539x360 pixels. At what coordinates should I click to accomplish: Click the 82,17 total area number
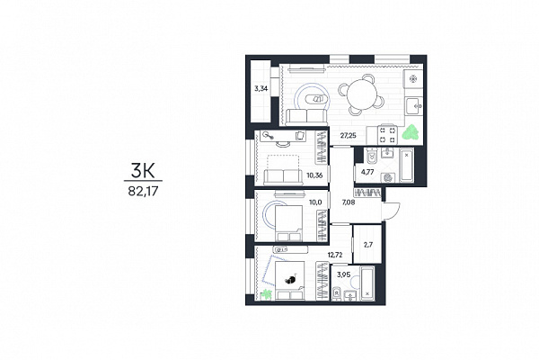[143, 191]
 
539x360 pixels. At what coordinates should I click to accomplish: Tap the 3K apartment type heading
[143, 170]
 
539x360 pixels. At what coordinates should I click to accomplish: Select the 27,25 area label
[349, 135]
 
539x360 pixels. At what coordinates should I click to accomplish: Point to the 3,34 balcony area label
[261, 88]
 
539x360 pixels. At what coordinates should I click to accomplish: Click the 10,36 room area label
[314, 175]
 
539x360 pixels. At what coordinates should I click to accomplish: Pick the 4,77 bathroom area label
[367, 172]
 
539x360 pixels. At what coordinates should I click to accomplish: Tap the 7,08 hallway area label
[349, 202]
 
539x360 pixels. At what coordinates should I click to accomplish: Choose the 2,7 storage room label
[368, 245]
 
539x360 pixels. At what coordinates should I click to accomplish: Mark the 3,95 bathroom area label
[344, 274]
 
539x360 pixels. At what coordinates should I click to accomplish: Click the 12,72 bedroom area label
[335, 255]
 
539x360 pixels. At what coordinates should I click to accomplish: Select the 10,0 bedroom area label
[315, 202]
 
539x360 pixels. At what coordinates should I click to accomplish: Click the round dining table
[362, 94]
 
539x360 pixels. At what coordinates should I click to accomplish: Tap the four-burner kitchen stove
[388, 135]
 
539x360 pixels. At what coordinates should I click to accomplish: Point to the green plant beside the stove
[411, 133]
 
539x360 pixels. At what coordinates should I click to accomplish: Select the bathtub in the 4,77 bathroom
[406, 166]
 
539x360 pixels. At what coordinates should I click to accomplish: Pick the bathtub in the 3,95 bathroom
[367, 283]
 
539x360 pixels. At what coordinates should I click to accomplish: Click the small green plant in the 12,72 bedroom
[266, 294]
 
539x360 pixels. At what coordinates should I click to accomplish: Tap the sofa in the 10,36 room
[283, 177]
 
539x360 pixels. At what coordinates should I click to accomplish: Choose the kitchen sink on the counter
[413, 106]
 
